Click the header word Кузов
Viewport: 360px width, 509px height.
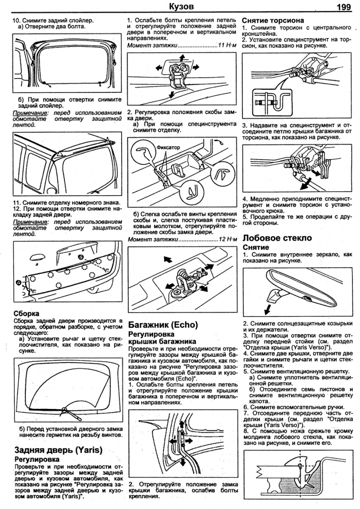pyautogui.click(x=181, y=6)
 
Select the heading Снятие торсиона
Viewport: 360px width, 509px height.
pyautogui.click(x=273, y=20)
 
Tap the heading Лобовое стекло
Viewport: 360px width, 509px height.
pyautogui.click(x=277, y=238)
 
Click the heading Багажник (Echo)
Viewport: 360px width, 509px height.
pyautogui.click(x=163, y=325)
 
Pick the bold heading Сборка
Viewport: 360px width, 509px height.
pyautogui.click(x=26, y=313)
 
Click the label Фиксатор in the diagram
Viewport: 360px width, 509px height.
pyautogui.click(x=169, y=147)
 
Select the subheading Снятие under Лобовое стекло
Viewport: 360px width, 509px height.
pyautogui.click(x=256, y=247)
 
